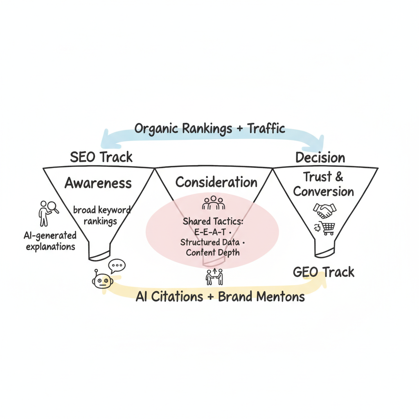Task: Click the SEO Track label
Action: click(x=101, y=157)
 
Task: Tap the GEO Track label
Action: click(x=324, y=272)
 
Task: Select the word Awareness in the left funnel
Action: click(x=98, y=183)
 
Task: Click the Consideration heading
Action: click(x=216, y=182)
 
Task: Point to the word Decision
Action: click(x=320, y=158)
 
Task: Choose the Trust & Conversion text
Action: click(x=323, y=184)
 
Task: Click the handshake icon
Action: click(x=324, y=210)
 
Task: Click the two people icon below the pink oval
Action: click(x=214, y=277)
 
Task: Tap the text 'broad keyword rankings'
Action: click(x=101, y=216)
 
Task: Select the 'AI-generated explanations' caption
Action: click(x=50, y=241)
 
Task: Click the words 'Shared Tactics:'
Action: click(x=213, y=221)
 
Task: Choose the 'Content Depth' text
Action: click(x=212, y=252)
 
